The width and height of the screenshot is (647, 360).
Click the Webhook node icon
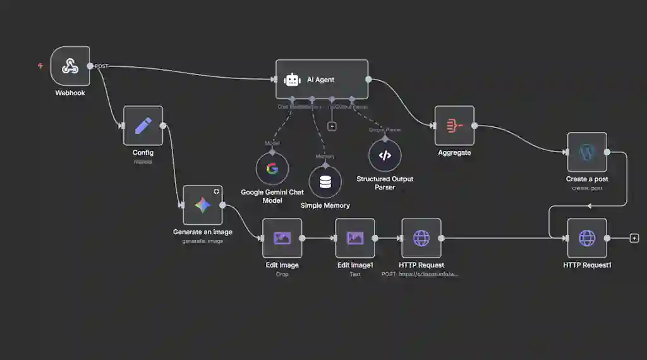[x=70, y=66]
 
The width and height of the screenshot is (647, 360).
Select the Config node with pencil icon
[x=143, y=125]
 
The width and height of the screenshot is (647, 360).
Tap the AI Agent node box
[x=322, y=80]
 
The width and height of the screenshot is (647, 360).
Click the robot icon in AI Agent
[x=292, y=80]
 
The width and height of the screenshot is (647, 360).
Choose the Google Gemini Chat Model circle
[x=272, y=169]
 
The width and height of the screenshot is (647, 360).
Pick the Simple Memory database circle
[x=325, y=182]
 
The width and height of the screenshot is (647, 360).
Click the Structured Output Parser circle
[x=385, y=155]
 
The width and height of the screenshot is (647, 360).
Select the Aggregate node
[x=454, y=126]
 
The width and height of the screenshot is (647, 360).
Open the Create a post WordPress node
[x=587, y=152]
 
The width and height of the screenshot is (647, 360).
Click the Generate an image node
[x=203, y=205]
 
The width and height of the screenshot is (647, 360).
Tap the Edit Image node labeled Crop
[x=282, y=238]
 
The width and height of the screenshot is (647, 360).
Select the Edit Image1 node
[x=355, y=238]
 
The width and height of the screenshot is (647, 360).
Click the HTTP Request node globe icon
[x=421, y=238]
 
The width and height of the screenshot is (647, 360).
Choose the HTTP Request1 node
[x=587, y=238]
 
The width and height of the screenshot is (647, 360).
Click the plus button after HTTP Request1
[x=634, y=238]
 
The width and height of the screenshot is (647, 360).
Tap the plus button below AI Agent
[x=332, y=126]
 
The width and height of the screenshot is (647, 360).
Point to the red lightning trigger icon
[x=40, y=66]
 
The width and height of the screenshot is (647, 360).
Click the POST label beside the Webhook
[x=102, y=66]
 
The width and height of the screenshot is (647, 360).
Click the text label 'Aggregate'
[x=454, y=153]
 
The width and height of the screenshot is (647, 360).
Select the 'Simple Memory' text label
[x=325, y=205]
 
